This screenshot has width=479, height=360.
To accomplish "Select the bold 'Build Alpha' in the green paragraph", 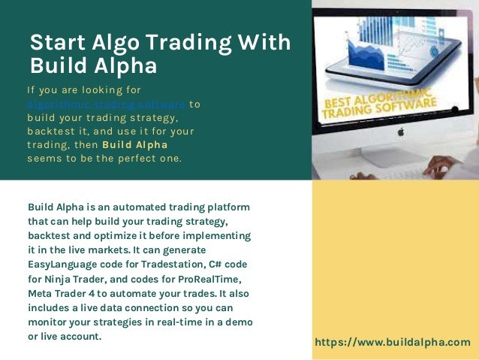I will click(134, 144).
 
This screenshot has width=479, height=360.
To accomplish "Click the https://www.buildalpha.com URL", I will click(392, 342).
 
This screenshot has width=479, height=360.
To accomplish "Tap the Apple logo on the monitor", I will click(400, 132).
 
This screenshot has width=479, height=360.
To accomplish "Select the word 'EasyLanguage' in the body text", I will click(64, 264).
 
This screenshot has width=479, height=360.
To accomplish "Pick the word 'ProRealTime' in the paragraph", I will click(212, 278).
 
